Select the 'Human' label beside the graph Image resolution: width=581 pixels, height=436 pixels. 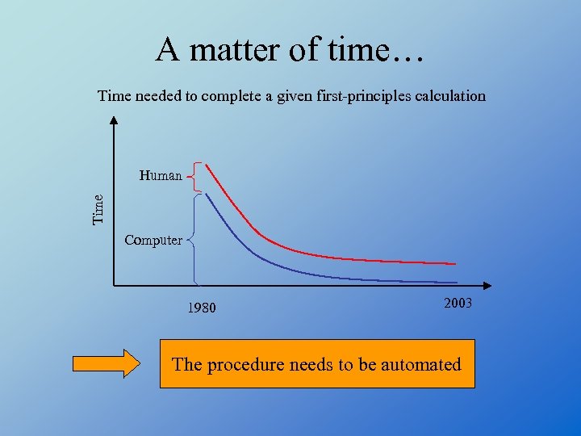tap(161, 175)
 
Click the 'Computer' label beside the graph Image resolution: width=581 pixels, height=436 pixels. tap(153, 240)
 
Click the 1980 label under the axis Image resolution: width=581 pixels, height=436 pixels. tap(202, 308)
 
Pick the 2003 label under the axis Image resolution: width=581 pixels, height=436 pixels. tap(458, 303)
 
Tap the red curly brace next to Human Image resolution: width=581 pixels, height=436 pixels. tap(194, 175)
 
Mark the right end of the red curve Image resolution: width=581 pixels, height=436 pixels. tap(455, 264)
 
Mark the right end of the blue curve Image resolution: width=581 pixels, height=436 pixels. tap(456, 281)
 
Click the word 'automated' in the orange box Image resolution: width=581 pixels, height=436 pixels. tap(420, 364)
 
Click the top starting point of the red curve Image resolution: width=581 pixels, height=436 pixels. tap(207, 165)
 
